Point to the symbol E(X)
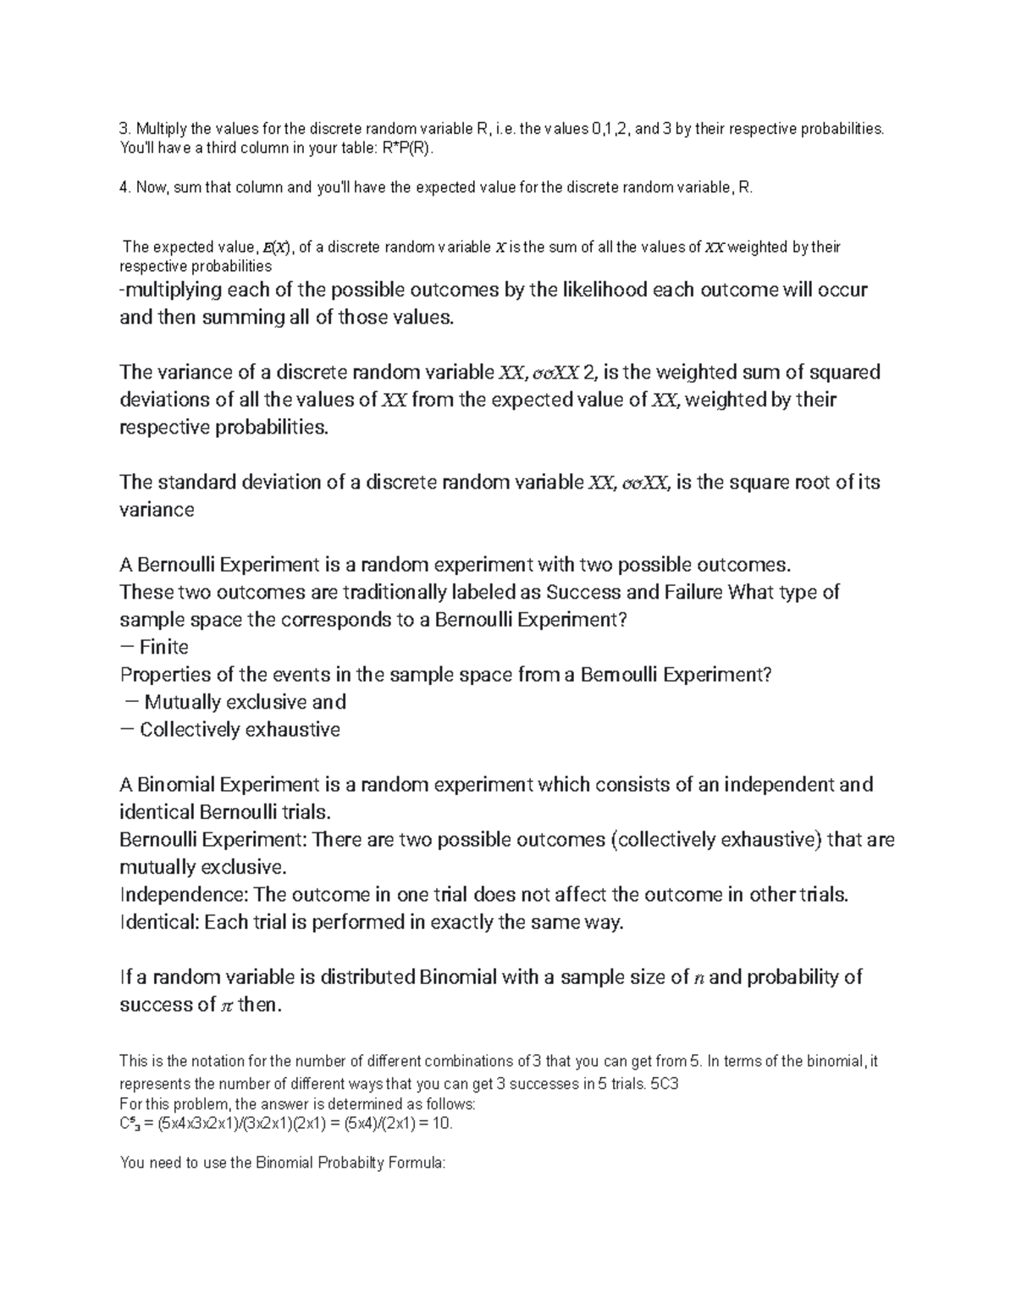(x=276, y=248)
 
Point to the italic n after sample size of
(x=698, y=978)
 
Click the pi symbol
(x=226, y=1006)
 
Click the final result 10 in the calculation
(x=443, y=1124)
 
